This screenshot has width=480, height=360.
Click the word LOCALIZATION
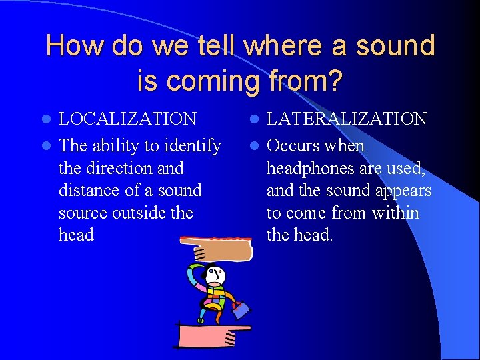tap(127, 119)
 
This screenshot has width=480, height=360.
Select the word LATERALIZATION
tap(347, 119)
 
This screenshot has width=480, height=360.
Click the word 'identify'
tap(189, 146)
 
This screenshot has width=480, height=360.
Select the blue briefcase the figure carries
tap(241, 309)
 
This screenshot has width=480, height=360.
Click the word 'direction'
tap(121, 168)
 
